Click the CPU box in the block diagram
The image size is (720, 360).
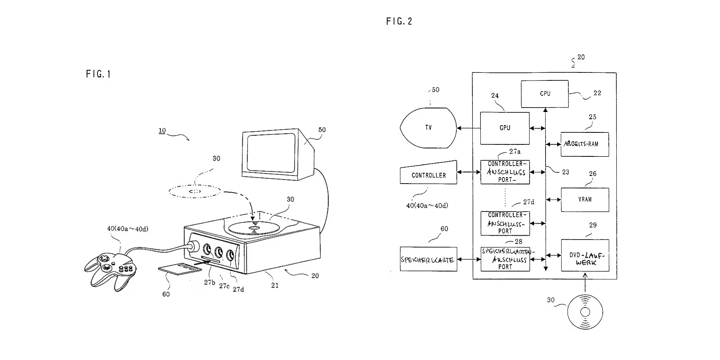pyautogui.click(x=544, y=94)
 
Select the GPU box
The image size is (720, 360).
pyautogui.click(x=505, y=128)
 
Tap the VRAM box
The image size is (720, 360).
pyautogui.click(x=585, y=200)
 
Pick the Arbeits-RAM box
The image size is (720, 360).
pyautogui.click(x=585, y=144)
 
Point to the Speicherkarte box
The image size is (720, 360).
pyautogui.click(x=428, y=259)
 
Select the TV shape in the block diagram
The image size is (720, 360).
pyautogui.click(x=428, y=128)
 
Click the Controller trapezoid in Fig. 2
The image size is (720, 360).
pyautogui.click(x=428, y=175)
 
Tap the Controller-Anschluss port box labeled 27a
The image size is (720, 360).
pyautogui.click(x=505, y=172)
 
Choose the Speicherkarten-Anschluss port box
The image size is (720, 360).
pyautogui.click(x=505, y=259)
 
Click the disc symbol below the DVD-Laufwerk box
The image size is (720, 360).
pyautogui.click(x=585, y=312)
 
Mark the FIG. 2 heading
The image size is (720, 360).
pyautogui.click(x=399, y=21)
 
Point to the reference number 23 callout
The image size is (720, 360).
pyautogui.click(x=565, y=172)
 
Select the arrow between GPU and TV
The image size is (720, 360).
pyautogui.click(x=468, y=128)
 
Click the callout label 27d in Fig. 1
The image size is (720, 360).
pyautogui.click(x=238, y=289)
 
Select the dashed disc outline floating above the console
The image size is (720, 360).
pyautogui.click(x=195, y=191)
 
